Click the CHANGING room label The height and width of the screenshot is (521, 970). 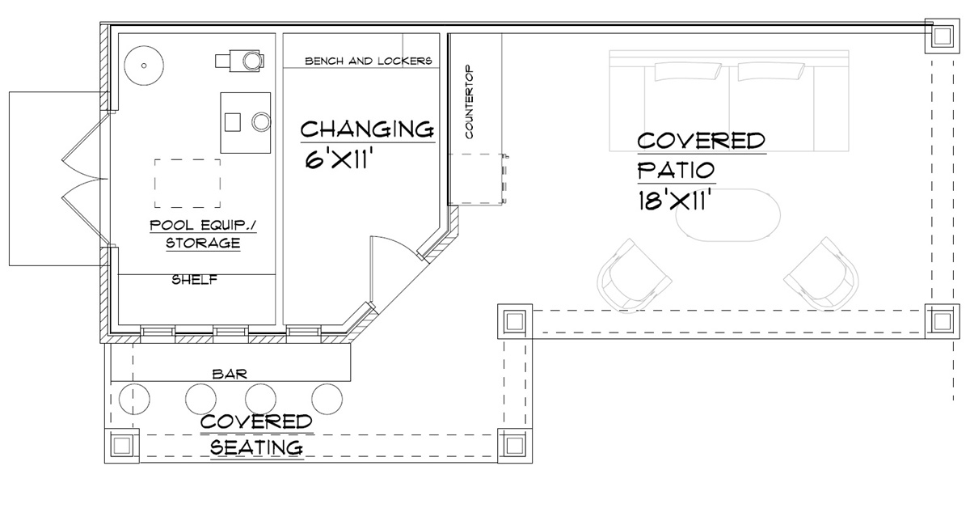tap(367, 129)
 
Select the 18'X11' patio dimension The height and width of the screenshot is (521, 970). tap(675, 201)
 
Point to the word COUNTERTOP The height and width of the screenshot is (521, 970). tap(469, 102)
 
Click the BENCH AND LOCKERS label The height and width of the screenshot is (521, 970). tap(369, 61)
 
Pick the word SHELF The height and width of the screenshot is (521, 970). tap(195, 280)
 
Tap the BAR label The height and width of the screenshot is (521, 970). tap(230, 374)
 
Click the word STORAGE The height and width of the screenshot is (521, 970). tap(203, 243)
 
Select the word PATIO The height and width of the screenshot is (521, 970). tap(676, 170)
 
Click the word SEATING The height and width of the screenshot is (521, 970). tap(256, 447)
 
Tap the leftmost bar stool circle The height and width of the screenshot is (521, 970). tap(134, 399)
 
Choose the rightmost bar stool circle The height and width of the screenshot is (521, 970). tap(327, 399)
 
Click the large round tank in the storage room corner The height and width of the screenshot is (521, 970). tap(144, 66)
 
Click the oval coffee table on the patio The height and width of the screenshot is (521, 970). tap(728, 214)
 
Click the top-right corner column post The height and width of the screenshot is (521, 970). tap(942, 36)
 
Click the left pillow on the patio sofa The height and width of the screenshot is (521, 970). tap(688, 72)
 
